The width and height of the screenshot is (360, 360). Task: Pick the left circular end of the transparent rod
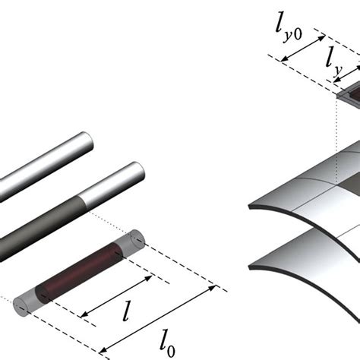tap(19, 305)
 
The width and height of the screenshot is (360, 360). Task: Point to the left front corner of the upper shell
tap(254, 208)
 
